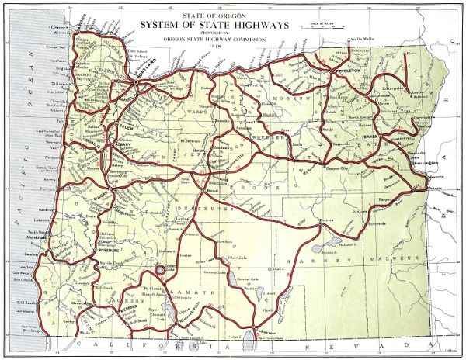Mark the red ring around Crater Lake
160,269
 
